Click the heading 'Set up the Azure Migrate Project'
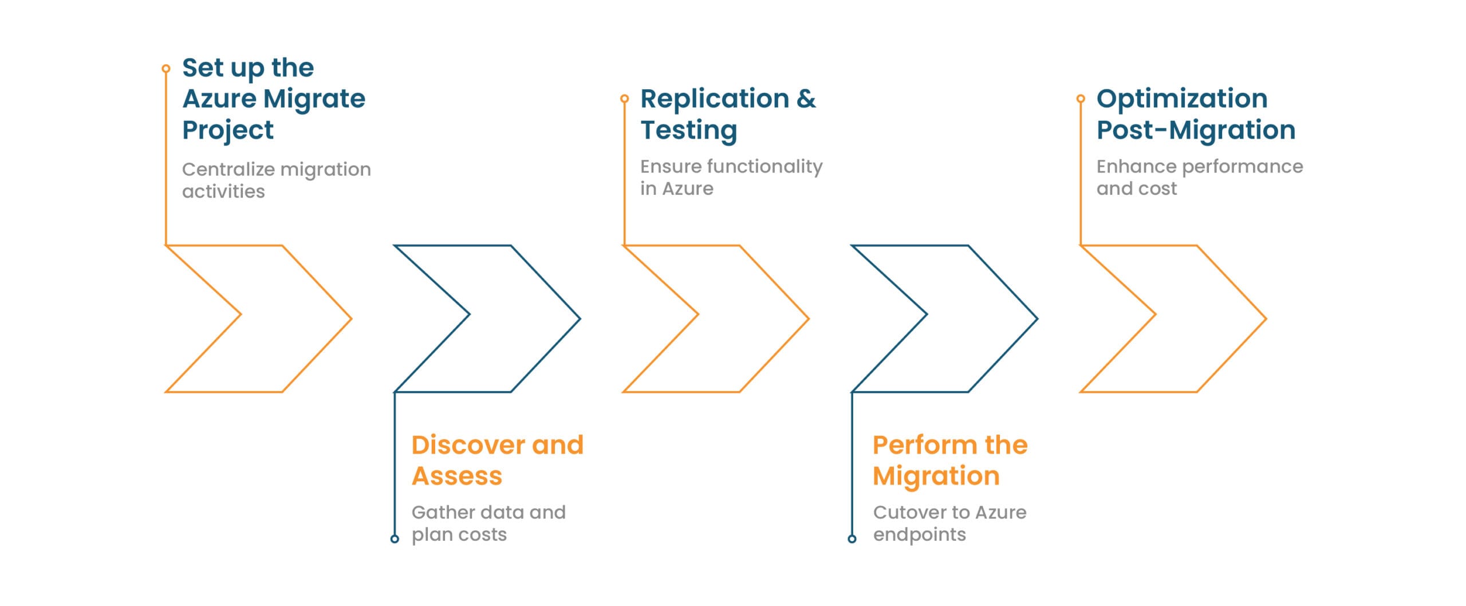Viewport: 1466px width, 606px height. [274, 99]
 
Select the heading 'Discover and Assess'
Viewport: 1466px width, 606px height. [497, 460]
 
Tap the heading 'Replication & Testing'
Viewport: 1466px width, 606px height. [728, 114]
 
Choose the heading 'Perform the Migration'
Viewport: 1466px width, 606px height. [950, 460]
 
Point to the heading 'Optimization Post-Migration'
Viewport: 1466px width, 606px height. [1196, 114]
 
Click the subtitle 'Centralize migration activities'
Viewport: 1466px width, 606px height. [276, 180]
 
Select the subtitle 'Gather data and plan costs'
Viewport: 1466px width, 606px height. [488, 523]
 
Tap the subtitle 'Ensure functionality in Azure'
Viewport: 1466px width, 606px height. [731, 177]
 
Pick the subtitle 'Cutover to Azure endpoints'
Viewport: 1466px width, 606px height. [949, 523]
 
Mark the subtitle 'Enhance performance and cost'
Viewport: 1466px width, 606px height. [1199, 177]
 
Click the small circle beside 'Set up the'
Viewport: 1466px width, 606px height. [166, 69]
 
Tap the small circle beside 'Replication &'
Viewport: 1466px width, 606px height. [624, 99]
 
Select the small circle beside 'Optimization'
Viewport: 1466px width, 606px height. [1081, 99]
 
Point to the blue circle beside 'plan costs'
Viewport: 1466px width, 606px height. [395, 538]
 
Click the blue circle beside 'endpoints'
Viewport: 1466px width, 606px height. [852, 538]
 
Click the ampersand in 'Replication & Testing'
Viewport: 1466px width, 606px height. [806, 99]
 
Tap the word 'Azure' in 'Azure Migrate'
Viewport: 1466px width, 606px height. [219, 99]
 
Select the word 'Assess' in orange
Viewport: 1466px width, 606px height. [457, 476]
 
